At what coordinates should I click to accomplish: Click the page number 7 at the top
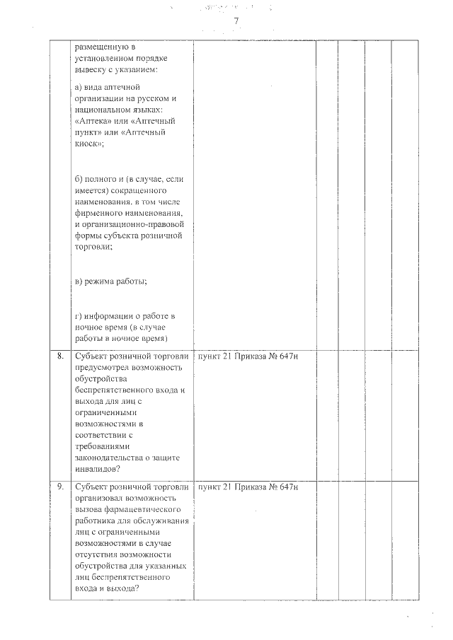236,21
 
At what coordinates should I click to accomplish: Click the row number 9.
60,487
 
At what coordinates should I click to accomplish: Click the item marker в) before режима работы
79,281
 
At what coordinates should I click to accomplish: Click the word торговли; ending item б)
93,247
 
